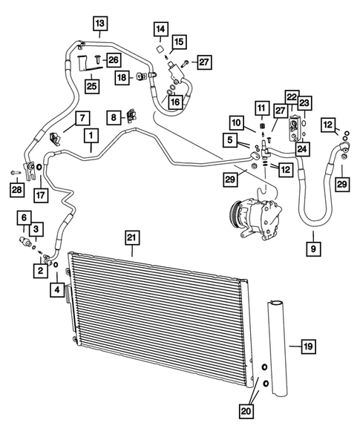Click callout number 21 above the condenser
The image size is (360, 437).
tap(131, 237)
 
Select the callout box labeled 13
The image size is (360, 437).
tap(99, 22)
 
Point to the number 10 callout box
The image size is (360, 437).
tap(235, 122)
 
